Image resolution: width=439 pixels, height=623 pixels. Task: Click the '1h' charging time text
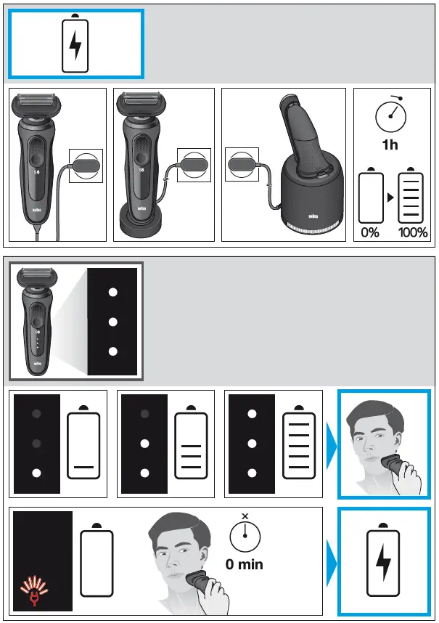(390, 144)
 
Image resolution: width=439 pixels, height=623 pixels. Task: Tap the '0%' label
(371, 233)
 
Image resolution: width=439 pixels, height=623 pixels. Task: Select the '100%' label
(412, 233)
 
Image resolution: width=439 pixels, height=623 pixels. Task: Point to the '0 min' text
(245, 563)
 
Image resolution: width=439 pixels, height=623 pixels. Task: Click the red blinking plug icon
(33, 591)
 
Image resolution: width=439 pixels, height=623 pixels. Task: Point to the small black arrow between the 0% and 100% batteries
(392, 198)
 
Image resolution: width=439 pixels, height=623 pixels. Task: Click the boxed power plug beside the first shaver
(86, 166)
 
